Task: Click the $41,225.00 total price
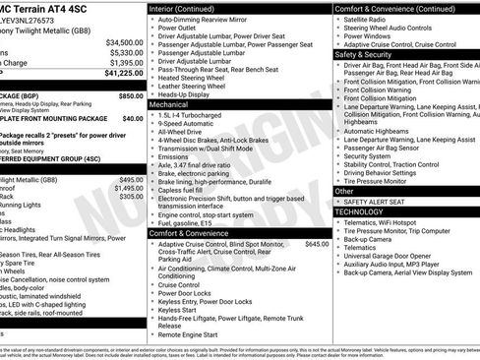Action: (123, 74)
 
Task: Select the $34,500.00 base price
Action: (124, 42)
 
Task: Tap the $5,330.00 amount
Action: (126, 52)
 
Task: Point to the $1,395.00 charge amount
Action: (126, 62)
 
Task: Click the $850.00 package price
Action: (130, 96)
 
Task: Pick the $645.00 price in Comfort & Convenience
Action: (317, 244)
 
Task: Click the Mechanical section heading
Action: (169, 103)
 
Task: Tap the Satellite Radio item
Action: (371, 19)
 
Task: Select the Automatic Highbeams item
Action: (380, 130)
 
